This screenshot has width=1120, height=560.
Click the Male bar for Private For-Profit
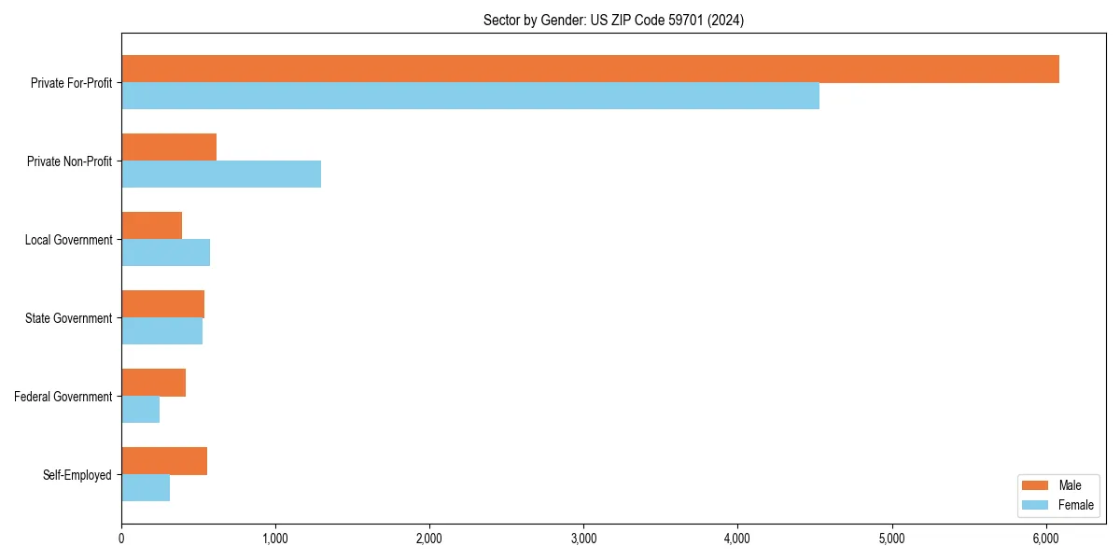coord(590,69)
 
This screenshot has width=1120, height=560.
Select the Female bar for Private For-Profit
coord(470,96)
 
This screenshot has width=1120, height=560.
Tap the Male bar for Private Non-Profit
coord(169,147)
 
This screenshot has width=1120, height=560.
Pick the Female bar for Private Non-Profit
coord(221,175)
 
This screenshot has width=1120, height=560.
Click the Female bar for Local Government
coord(165,253)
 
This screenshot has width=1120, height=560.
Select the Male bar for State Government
coord(162,304)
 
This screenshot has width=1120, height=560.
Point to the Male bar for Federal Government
coord(153,383)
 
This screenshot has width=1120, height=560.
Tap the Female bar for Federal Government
coord(140,410)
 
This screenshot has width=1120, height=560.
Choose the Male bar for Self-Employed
coord(164,461)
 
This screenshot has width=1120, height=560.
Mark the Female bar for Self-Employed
coord(146,488)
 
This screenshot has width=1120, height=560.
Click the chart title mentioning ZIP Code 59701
coord(613,20)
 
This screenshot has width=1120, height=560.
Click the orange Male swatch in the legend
coord(1035,485)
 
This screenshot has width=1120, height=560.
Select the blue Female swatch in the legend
coord(1035,505)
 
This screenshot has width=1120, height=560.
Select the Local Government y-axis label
coord(68,240)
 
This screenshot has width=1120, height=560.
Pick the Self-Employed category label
coord(77,475)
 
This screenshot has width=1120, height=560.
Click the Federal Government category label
coord(63,397)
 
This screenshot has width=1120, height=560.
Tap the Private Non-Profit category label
coord(69,161)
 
